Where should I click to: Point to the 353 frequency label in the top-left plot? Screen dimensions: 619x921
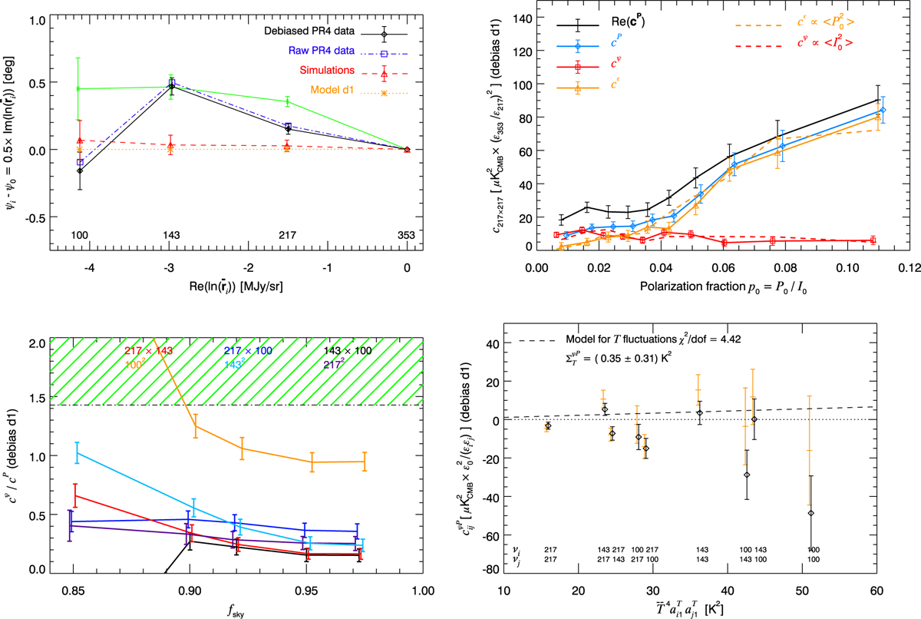click(x=407, y=234)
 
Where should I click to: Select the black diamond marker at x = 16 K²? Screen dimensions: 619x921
click(x=547, y=425)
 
